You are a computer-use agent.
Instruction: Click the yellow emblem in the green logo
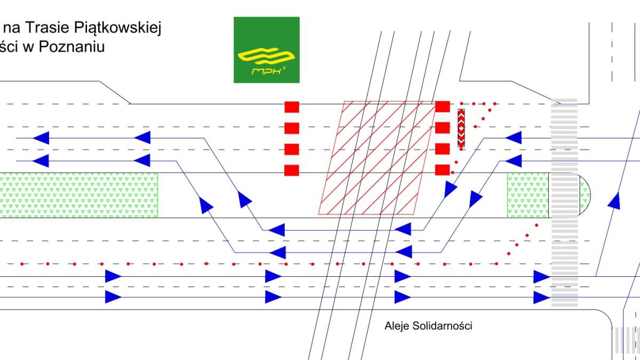coord(266,55)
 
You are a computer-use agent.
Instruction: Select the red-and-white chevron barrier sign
coord(461,128)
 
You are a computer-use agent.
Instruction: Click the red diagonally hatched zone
coord(377,158)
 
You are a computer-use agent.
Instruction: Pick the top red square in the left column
coord(292,107)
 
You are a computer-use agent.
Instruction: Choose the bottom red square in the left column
coord(292,170)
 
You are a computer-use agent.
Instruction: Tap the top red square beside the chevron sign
coord(443,107)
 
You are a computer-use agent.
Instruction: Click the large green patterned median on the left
coord(79,195)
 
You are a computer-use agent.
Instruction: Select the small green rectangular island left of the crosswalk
coord(528,195)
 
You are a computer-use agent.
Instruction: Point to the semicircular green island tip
coord(585,195)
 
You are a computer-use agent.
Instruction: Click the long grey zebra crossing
coord(564,203)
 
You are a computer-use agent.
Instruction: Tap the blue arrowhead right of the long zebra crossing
coord(614,201)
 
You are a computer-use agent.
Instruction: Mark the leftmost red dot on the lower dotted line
coord(22,264)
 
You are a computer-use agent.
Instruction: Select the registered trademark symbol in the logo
coord(284,68)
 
